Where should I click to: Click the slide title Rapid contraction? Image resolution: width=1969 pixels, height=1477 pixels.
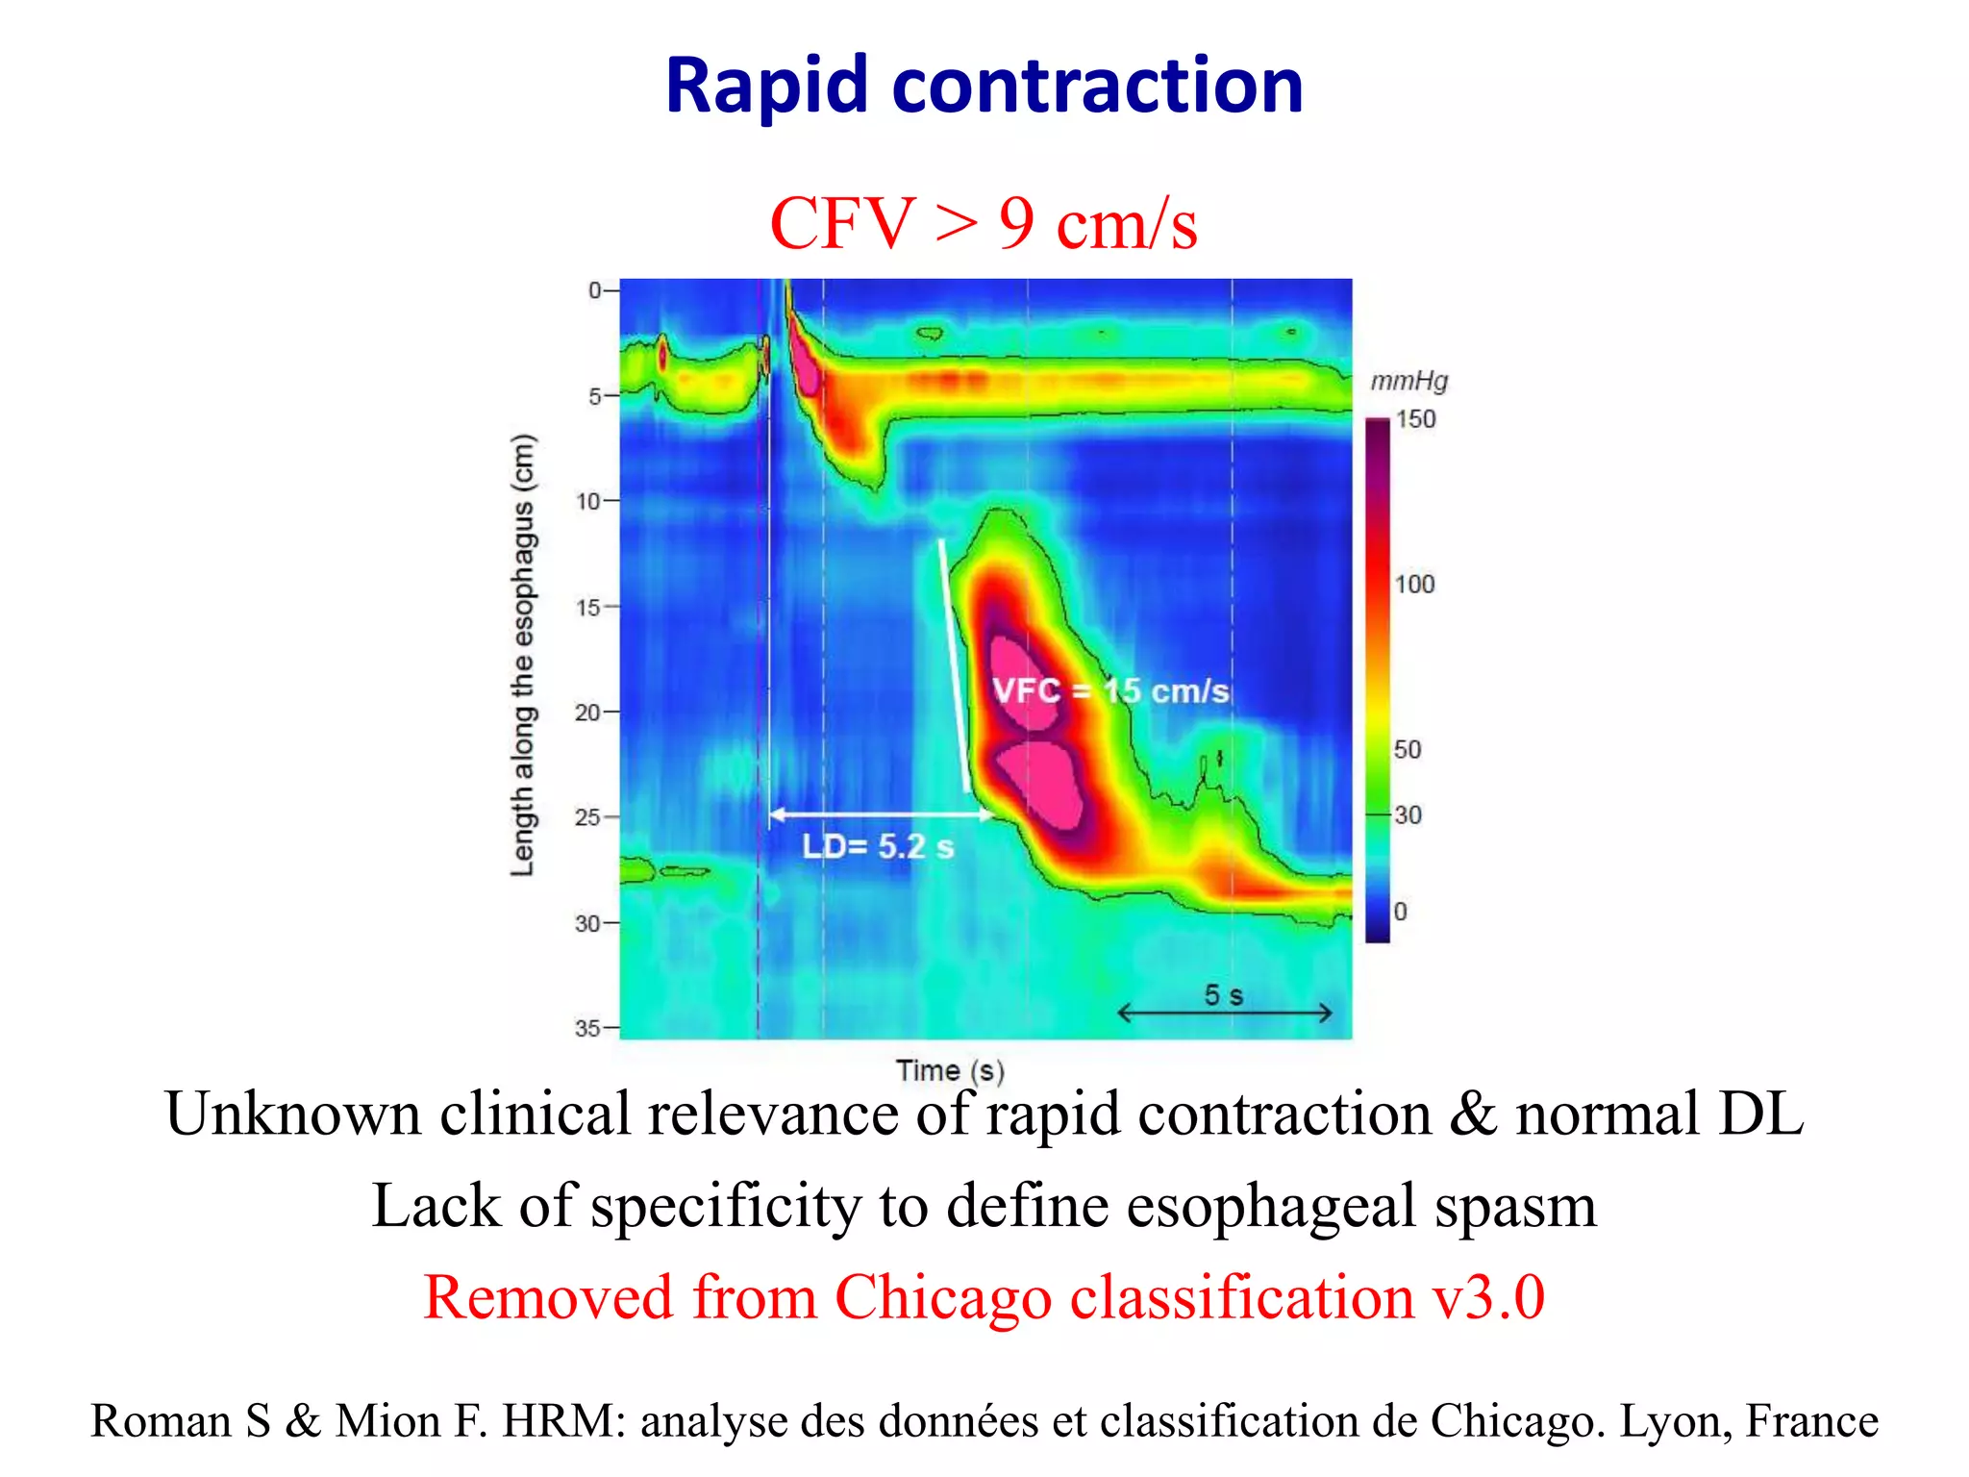pos(984,87)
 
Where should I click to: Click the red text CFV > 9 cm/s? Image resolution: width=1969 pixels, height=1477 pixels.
pos(984,223)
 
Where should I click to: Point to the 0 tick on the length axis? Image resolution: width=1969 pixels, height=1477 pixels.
pos(596,290)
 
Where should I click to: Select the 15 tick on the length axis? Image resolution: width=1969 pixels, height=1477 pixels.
pos(588,608)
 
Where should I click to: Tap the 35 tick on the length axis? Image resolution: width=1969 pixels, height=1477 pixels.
pos(588,1028)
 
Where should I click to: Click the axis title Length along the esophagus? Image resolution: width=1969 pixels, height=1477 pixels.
pos(522,654)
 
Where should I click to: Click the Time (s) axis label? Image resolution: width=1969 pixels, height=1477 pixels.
pos(950,1070)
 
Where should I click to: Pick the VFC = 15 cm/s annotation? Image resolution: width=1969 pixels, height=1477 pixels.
pos(1110,690)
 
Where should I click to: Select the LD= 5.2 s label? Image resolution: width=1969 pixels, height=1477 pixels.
pos(878,846)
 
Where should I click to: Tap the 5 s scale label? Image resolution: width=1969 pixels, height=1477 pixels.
pos(1224,995)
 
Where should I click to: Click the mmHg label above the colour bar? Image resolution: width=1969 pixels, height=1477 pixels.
pos(1408,382)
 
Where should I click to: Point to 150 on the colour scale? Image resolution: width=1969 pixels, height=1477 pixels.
pos(1415,419)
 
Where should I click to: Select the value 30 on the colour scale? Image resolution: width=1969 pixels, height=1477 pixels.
pos(1408,815)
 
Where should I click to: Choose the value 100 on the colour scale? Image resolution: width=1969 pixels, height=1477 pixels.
pos(1414,584)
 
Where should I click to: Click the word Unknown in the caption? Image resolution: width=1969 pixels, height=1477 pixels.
pos(293,1114)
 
